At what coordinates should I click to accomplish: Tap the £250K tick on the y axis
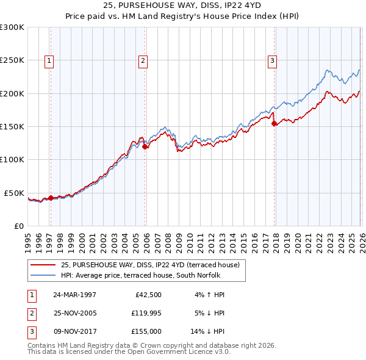(x=12, y=60)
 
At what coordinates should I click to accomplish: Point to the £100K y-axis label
(x=12, y=160)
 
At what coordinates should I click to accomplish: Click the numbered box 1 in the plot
(x=48, y=60)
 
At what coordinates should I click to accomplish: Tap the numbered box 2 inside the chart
(x=143, y=60)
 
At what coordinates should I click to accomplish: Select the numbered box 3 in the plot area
(x=271, y=60)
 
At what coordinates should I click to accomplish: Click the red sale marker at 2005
(x=145, y=146)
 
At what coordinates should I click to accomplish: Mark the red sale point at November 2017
(x=274, y=123)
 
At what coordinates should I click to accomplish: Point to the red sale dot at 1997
(x=51, y=198)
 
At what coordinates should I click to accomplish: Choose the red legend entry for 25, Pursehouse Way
(x=152, y=265)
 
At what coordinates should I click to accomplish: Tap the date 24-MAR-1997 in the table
(x=74, y=294)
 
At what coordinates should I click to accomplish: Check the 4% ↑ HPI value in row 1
(x=210, y=294)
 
